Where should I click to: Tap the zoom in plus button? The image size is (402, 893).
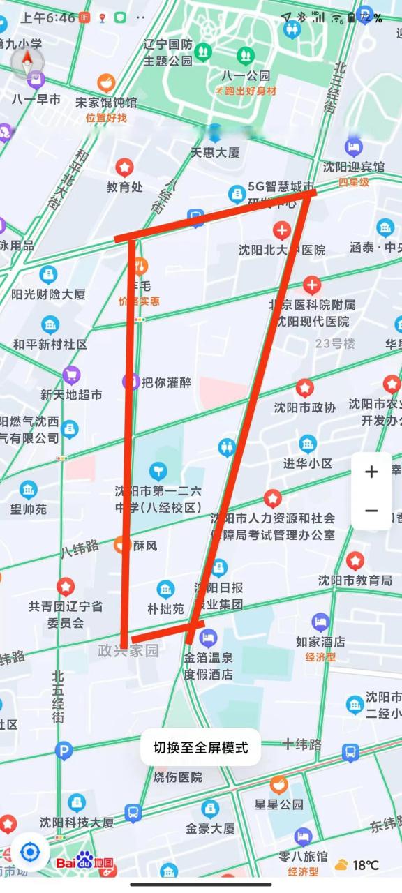(371, 472)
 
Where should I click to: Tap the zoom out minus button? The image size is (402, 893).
(371, 511)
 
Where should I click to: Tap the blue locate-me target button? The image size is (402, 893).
(30, 853)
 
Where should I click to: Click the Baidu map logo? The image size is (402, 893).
(85, 862)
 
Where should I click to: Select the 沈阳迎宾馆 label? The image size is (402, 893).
(354, 167)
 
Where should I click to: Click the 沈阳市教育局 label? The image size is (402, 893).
(355, 580)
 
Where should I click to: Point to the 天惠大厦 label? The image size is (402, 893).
(215, 152)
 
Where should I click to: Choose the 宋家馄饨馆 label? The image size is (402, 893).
(106, 102)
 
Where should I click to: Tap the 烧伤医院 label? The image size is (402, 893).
(178, 776)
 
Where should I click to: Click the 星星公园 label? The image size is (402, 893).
(279, 804)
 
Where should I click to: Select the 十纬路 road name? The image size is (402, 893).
(301, 744)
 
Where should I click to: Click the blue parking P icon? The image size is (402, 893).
(64, 751)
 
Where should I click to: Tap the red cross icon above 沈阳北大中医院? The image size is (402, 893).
(282, 231)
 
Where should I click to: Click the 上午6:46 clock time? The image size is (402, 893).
(48, 17)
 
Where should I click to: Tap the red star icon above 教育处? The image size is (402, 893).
(124, 167)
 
